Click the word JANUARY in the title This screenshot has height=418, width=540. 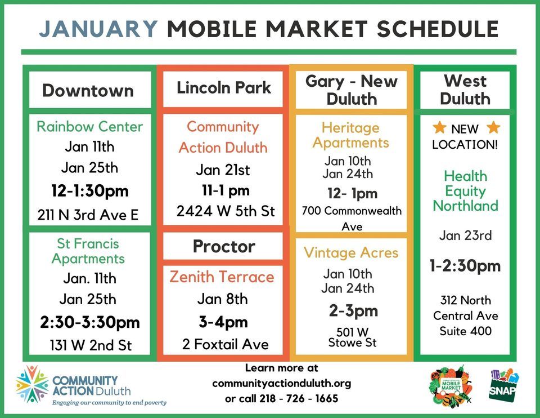click(x=99, y=29)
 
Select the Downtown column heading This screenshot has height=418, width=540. click(x=88, y=90)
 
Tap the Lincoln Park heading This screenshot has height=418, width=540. click(x=223, y=88)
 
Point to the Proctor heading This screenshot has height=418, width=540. click(x=223, y=246)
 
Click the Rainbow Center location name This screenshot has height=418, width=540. click(x=89, y=126)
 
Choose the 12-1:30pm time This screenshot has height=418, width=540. click(x=89, y=191)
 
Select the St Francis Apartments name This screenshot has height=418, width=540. click(x=88, y=251)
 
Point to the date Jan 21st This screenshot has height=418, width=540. click(x=223, y=170)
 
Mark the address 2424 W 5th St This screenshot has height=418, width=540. click(x=225, y=211)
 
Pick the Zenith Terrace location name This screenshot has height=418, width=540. click(x=222, y=277)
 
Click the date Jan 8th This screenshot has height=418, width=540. click(x=223, y=299)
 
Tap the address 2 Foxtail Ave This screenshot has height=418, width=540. click(x=225, y=344)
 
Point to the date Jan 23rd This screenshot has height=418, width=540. click(x=465, y=235)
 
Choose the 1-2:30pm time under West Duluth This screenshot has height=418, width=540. click(x=465, y=265)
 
